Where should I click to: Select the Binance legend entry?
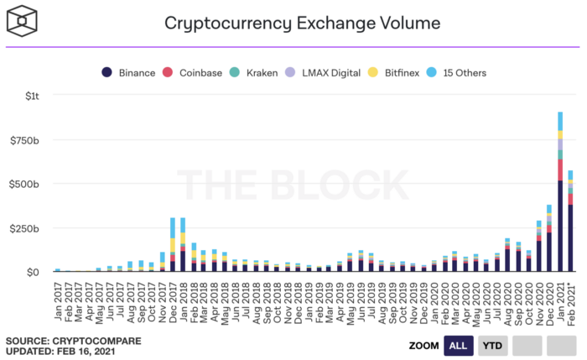(x=130, y=72)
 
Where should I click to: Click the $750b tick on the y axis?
(x=24, y=139)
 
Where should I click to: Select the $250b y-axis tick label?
(x=24, y=227)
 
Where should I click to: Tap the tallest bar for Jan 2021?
(x=559, y=193)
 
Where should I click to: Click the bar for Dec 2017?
(x=172, y=245)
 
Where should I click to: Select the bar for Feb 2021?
(x=570, y=222)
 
